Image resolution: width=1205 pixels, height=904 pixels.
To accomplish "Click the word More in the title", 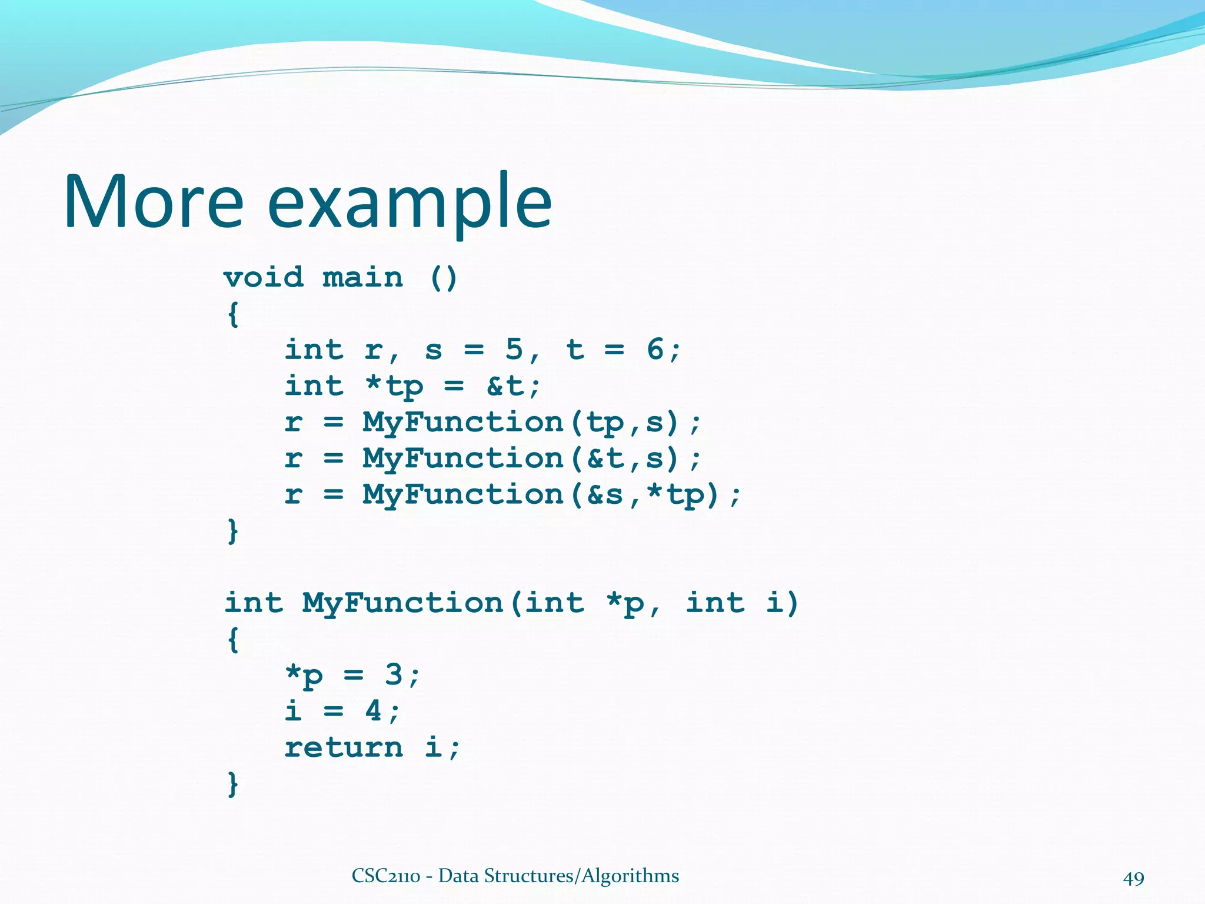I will (153, 201).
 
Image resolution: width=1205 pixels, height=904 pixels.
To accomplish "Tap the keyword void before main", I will (264, 277).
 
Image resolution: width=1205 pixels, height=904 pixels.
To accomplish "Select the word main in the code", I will (363, 277).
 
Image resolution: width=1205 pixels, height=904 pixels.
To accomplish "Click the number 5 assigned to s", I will (514, 350).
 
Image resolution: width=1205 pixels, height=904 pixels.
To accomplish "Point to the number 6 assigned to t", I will (655, 350).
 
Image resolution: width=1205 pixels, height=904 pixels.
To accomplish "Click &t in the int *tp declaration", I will (505, 386).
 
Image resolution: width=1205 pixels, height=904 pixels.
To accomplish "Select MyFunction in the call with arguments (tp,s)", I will (463, 422).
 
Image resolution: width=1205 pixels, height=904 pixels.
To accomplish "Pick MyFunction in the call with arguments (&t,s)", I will (463, 458).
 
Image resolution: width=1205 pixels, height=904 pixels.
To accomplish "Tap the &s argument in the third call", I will (605, 494).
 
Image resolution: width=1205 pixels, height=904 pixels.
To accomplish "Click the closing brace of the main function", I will (233, 531).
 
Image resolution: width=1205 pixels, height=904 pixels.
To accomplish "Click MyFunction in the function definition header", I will (402, 604).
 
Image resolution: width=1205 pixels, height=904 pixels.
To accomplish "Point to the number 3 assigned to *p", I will (393, 674).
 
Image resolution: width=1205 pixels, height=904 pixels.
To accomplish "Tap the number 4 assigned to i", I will (373, 711).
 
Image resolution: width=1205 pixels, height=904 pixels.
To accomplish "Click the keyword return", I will (344, 747).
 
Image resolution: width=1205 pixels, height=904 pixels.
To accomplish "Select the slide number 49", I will (1133, 879).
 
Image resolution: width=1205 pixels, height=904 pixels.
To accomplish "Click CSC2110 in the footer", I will (386, 876).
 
